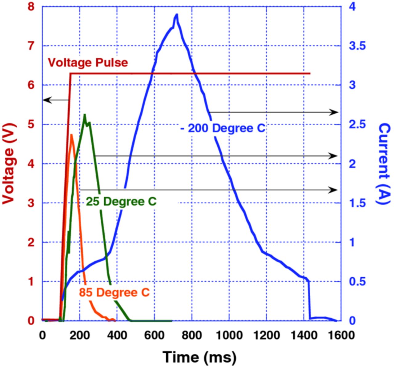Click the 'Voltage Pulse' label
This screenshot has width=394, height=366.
pyautogui.click(x=88, y=62)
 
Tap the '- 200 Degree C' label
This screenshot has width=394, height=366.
pyautogui.click(x=223, y=128)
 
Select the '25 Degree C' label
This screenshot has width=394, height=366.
pyautogui.click(x=121, y=201)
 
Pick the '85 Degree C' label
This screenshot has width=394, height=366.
pyautogui.click(x=114, y=292)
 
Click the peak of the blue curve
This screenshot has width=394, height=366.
pyautogui.click(x=177, y=14)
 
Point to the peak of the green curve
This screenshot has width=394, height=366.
pyautogui.click(x=85, y=115)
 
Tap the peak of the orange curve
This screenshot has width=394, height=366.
pyautogui.click(x=71, y=135)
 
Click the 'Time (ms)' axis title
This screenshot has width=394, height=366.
pyautogui.click(x=199, y=357)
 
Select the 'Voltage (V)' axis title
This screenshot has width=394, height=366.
pyautogui.click(x=9, y=163)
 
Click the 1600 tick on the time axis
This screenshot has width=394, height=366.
pyautogui.click(x=341, y=335)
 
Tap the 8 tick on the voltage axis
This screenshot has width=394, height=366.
pyautogui.click(x=31, y=6)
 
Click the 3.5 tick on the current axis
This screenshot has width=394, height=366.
pyautogui.click(x=357, y=46)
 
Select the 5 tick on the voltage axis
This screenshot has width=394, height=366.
pyautogui.click(x=31, y=124)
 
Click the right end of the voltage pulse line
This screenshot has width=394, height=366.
pyautogui.click(x=310, y=74)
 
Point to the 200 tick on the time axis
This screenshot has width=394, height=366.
pyautogui.click(x=79, y=335)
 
